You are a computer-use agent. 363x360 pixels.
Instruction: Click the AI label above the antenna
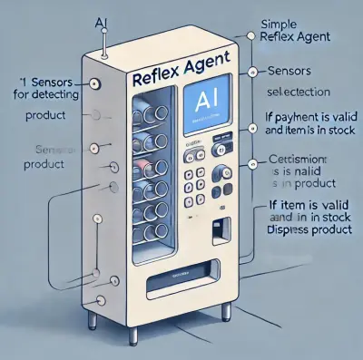tap(103, 21)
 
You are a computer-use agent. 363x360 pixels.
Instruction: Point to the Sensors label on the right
tap(290, 72)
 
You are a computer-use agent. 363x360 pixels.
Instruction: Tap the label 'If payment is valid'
tap(310, 116)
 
